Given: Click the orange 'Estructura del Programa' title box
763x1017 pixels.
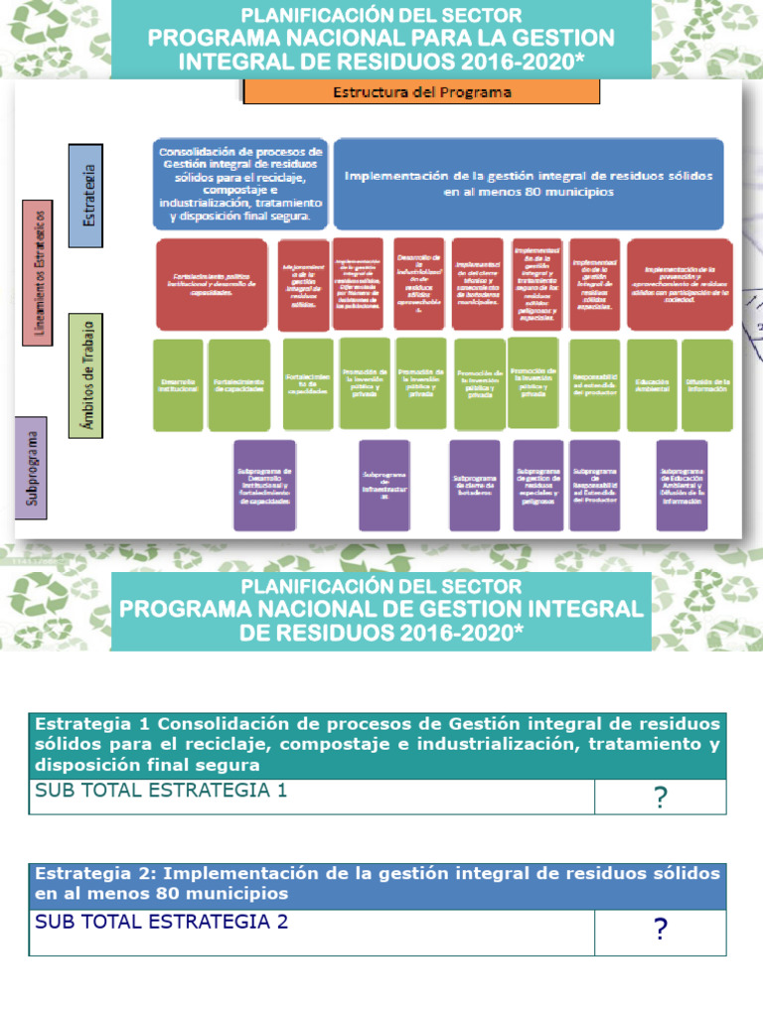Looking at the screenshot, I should tap(421, 92).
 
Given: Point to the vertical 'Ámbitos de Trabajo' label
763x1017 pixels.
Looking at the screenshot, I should tap(86, 372).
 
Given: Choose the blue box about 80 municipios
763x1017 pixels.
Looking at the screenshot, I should tap(528, 184).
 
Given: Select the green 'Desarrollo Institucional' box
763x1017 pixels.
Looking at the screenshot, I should tap(178, 384).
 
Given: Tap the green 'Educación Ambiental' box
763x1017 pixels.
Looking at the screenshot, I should tap(653, 384).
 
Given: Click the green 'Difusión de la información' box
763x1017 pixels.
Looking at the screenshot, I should tap(707, 384).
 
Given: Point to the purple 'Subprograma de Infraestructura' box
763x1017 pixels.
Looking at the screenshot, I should tap(384, 485).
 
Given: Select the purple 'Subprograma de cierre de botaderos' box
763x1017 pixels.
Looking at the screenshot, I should tap(475, 485).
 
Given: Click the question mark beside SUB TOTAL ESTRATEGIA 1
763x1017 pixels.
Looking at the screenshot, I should tap(660, 798).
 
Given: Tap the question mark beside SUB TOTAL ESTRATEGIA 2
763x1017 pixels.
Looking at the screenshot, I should tap(660, 930).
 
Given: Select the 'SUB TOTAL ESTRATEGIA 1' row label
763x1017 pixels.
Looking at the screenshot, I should tap(161, 792).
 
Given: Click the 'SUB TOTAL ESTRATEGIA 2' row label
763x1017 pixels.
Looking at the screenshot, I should tap(161, 923).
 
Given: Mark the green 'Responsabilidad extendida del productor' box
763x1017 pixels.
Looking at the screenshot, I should tap(594, 384).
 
